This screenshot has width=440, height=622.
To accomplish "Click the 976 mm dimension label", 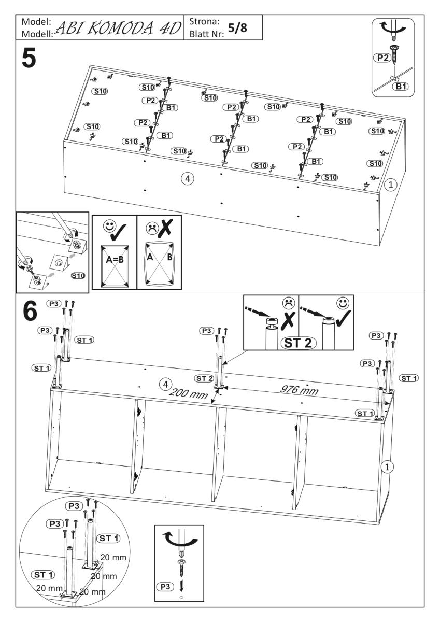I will (300, 390).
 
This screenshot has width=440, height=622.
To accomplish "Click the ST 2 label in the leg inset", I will (299, 343).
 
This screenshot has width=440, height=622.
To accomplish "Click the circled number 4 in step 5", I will (188, 178).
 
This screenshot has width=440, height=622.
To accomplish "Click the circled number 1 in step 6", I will (386, 466).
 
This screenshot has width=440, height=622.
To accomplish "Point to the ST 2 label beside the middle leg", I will (204, 378).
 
